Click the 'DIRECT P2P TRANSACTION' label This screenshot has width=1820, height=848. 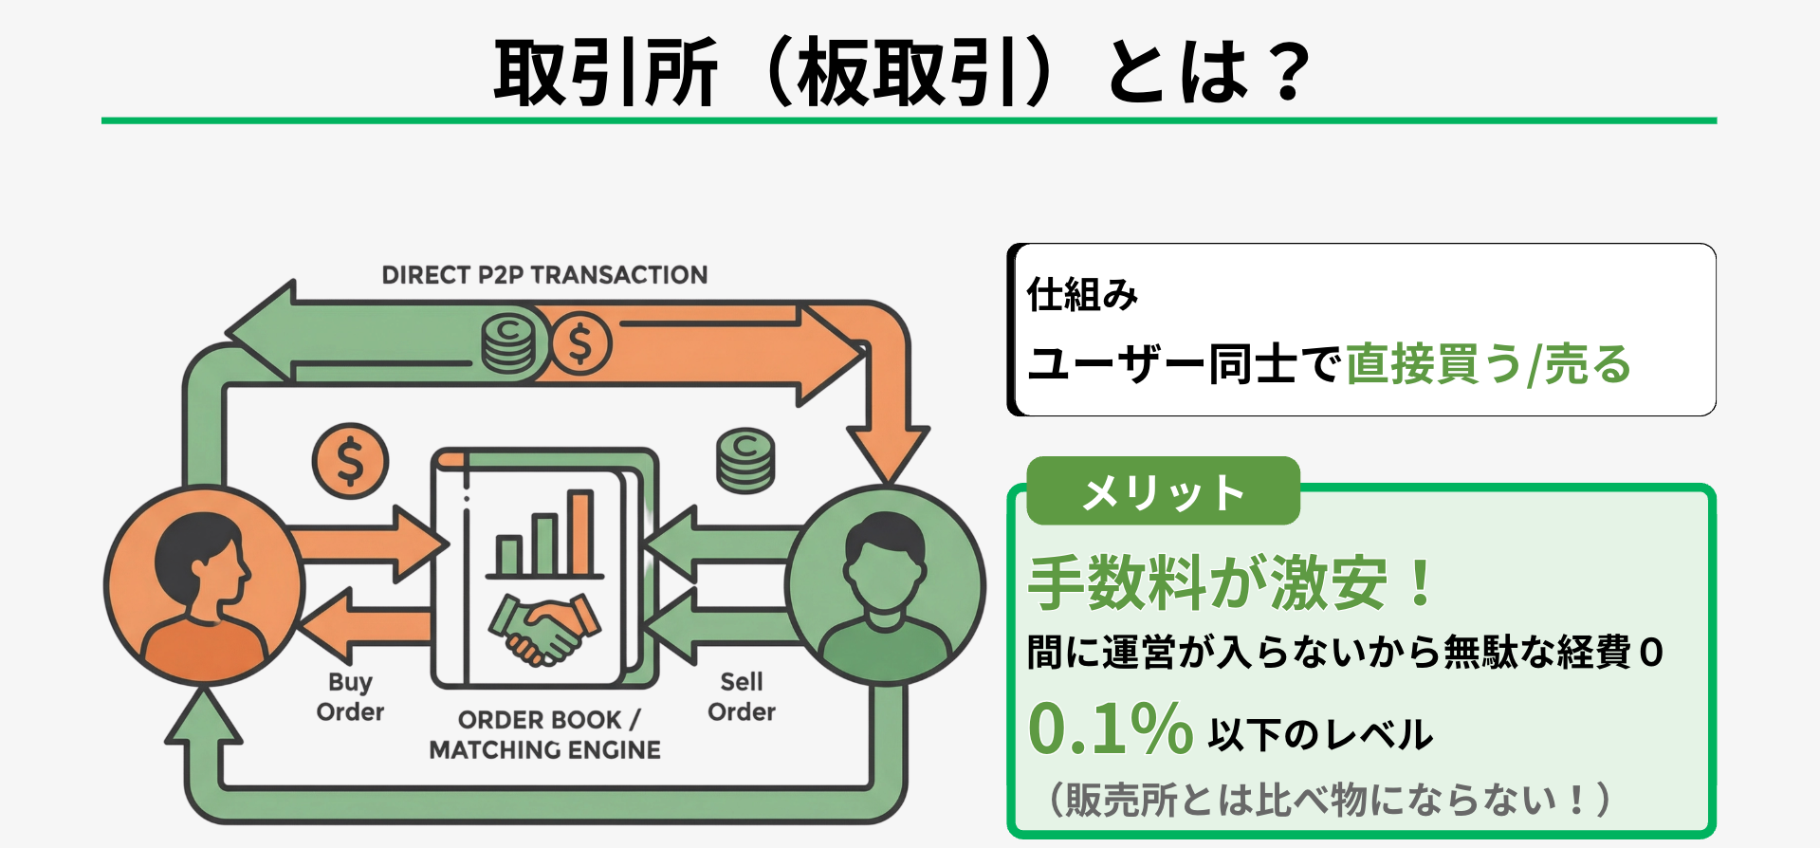(544, 275)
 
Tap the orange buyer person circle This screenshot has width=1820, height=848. (204, 585)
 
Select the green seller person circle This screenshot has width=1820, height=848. (885, 585)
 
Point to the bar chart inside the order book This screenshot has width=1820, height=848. (544, 536)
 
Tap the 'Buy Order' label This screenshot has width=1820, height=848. (350, 697)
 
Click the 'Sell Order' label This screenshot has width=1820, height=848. (741, 697)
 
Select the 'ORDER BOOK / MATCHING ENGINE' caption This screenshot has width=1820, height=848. (544, 735)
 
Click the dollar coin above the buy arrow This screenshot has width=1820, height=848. (350, 461)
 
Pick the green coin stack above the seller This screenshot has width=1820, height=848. (745, 460)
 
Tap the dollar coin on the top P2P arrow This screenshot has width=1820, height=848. (580, 344)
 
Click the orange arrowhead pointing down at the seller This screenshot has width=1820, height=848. (887, 453)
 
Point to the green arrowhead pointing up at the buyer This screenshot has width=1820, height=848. (203, 716)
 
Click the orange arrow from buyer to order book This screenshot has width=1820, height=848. (370, 544)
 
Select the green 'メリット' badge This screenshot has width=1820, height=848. (1163, 491)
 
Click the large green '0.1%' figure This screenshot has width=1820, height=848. (1110, 729)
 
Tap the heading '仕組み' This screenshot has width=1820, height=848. (1082, 295)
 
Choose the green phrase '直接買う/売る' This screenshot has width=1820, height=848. (1488, 365)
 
